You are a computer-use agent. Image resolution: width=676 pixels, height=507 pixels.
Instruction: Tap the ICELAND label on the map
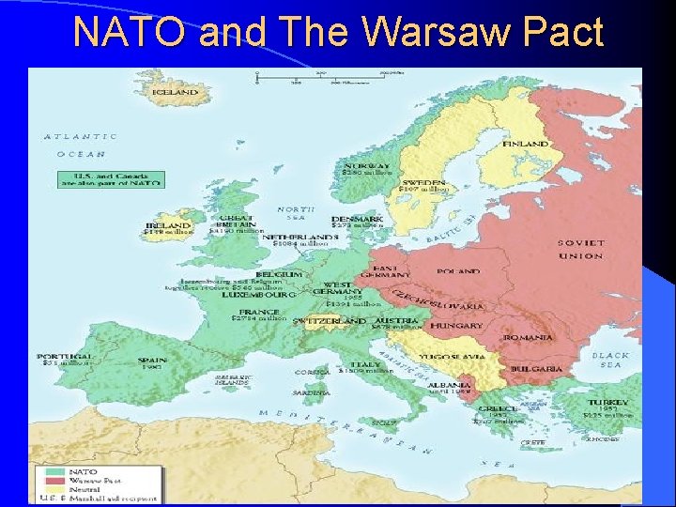coord(176,92)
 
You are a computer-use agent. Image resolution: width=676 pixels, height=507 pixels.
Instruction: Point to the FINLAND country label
coord(525,144)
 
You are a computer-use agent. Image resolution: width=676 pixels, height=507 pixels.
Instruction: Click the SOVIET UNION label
coord(581,249)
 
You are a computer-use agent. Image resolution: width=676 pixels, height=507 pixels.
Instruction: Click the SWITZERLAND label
coord(330,321)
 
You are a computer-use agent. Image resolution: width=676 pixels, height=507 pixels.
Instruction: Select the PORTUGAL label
coord(64,357)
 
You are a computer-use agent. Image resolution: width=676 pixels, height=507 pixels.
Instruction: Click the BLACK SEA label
coord(610,361)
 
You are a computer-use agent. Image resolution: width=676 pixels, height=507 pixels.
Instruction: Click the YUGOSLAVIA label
coord(453,357)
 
